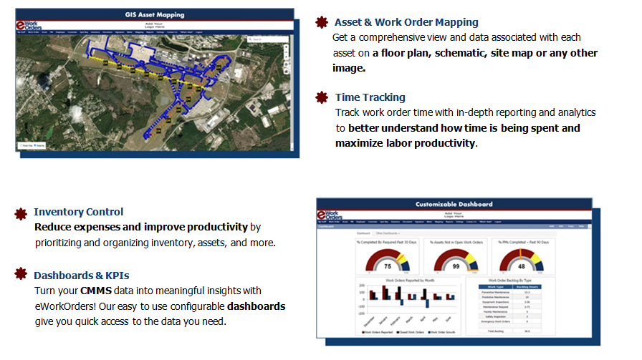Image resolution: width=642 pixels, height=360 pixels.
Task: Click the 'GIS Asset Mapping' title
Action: [x=154, y=14]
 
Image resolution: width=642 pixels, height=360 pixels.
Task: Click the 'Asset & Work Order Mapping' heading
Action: [x=406, y=22]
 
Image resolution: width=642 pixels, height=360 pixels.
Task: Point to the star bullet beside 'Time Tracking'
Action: [x=322, y=97]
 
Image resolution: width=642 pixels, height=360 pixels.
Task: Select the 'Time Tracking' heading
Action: [x=370, y=97]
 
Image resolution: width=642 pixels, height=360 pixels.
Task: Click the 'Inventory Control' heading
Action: [x=78, y=212]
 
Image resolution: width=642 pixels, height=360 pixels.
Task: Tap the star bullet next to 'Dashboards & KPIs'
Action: [x=20, y=275]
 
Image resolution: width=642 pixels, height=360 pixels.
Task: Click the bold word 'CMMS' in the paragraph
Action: [x=96, y=291]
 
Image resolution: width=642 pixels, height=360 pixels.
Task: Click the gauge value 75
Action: [x=388, y=265]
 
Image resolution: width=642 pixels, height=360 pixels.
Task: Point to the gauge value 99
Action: [x=455, y=265]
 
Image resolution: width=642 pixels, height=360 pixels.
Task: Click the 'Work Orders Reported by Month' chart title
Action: [x=411, y=281]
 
